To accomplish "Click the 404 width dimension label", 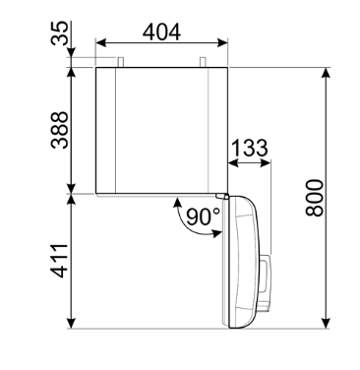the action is click(x=161, y=32).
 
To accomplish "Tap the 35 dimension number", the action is click(x=60, y=33).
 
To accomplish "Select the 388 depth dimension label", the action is click(x=60, y=130).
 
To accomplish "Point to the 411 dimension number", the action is click(x=59, y=261).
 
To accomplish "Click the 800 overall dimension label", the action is click(x=315, y=198).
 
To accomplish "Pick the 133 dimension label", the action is click(x=250, y=148).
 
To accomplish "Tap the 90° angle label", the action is click(x=204, y=216).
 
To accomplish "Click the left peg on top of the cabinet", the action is click(x=121, y=62).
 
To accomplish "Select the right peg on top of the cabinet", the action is click(x=203, y=62).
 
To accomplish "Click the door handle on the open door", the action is click(x=266, y=282).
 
